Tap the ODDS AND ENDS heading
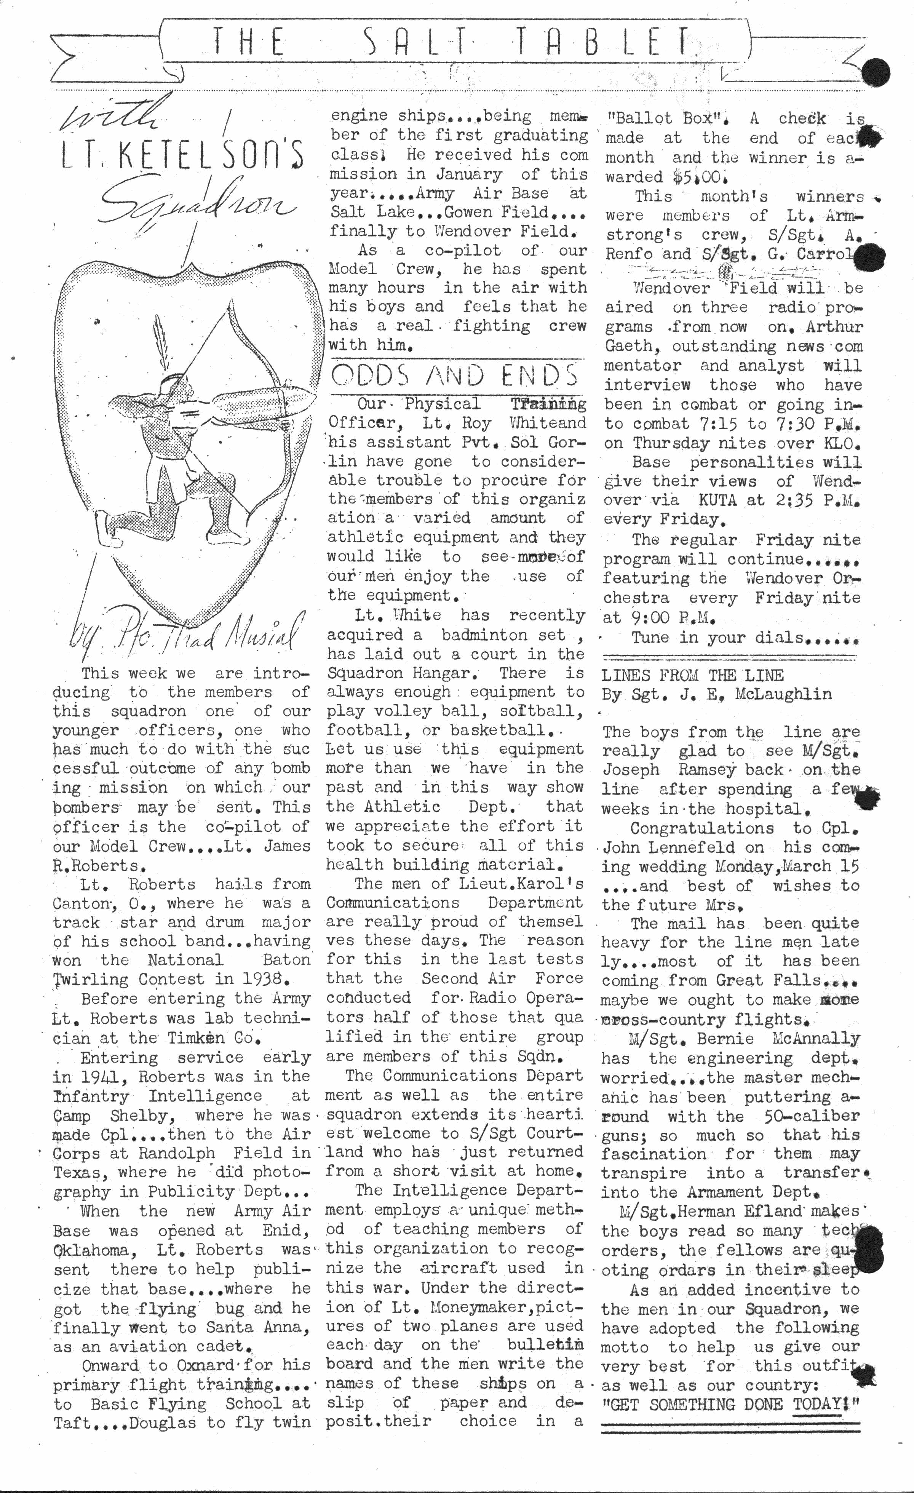[454, 376]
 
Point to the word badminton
[488, 635]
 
